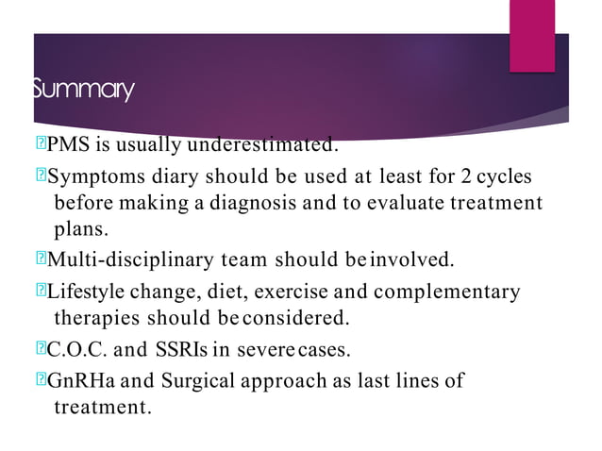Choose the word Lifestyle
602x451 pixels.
tap(83, 292)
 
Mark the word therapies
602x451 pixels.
tap(95, 318)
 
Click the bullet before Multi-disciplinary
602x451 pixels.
tap(40, 259)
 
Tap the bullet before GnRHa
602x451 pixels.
tap(40, 382)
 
